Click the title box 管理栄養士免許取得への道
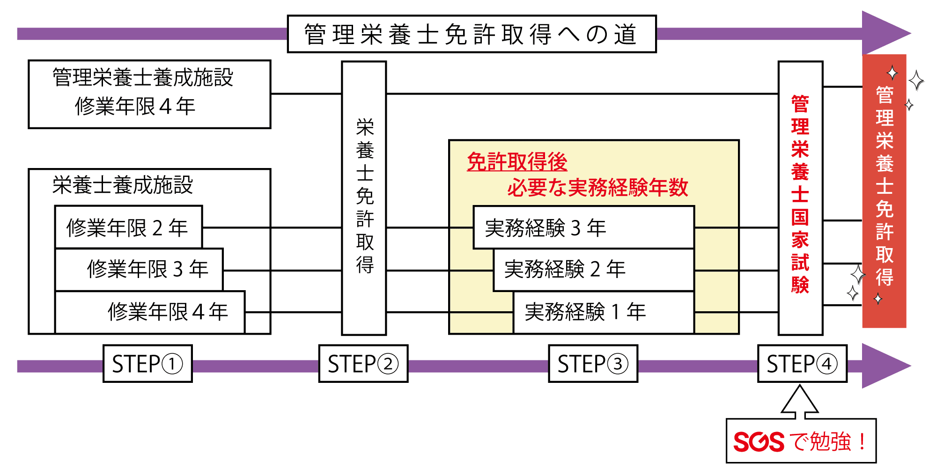472,34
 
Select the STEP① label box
147,364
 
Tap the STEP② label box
363,364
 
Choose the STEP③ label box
593,364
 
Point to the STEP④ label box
802,364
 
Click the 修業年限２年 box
128,227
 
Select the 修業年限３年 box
139,269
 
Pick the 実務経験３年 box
583,227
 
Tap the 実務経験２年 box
593,269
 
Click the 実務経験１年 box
603,312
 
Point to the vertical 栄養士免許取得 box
364,198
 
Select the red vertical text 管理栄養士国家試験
800,194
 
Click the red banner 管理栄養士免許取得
884,187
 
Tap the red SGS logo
758,442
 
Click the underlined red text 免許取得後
517,162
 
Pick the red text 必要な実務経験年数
597,187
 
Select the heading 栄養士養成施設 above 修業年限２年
123,185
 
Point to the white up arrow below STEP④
800,402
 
